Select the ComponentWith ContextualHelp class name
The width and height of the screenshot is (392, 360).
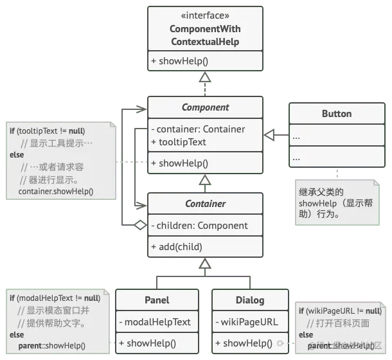point(205,35)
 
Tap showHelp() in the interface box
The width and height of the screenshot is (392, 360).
point(177,62)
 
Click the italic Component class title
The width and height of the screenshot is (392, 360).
point(205,107)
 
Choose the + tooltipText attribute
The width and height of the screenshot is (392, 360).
point(179,142)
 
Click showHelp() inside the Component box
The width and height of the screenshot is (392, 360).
point(177,163)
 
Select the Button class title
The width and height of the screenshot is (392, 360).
point(336,114)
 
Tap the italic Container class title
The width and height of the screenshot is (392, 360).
point(205,204)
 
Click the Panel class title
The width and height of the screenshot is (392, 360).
point(156,300)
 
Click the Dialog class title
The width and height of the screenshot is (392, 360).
point(251,300)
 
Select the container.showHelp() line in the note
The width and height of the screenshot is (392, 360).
point(56,191)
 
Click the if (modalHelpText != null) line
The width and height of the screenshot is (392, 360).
point(55,298)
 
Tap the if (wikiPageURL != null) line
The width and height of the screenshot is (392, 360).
point(340,311)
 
